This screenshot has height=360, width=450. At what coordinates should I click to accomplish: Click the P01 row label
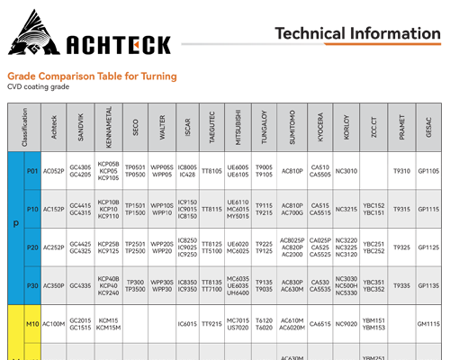(33, 171)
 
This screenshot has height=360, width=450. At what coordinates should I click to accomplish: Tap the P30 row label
(33, 285)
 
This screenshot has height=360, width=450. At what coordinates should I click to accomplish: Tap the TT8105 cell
(211, 171)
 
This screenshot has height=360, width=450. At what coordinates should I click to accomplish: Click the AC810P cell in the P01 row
(292, 171)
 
